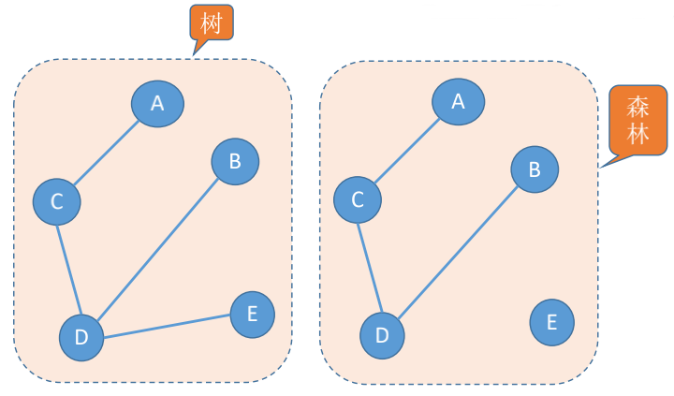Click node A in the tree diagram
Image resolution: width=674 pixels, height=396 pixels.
[157, 104]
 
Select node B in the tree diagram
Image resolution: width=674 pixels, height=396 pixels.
[235, 161]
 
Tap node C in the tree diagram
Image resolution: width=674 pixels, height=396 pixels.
[56, 201]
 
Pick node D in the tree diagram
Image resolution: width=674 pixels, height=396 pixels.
[81, 338]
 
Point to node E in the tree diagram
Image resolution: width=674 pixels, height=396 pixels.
[252, 315]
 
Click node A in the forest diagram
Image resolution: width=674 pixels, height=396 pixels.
[458, 100]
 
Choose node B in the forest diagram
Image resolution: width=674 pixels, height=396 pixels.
[535, 169]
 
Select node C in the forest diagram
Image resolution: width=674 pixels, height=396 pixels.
[357, 199]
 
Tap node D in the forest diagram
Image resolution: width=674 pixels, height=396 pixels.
[382, 335]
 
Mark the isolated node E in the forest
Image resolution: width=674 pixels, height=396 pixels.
[551, 323]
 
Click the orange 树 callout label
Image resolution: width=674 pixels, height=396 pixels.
[211, 23]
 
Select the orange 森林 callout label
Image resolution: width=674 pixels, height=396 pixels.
[638, 121]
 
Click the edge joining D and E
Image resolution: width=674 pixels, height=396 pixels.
[167, 326]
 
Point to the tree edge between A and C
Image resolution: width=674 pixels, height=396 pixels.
[107, 153]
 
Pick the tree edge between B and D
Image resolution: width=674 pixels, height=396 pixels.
[158, 249]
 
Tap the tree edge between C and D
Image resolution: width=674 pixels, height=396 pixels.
[68, 269]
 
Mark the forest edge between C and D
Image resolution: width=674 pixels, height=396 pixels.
[369, 267]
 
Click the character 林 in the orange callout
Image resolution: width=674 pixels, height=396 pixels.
[638, 134]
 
